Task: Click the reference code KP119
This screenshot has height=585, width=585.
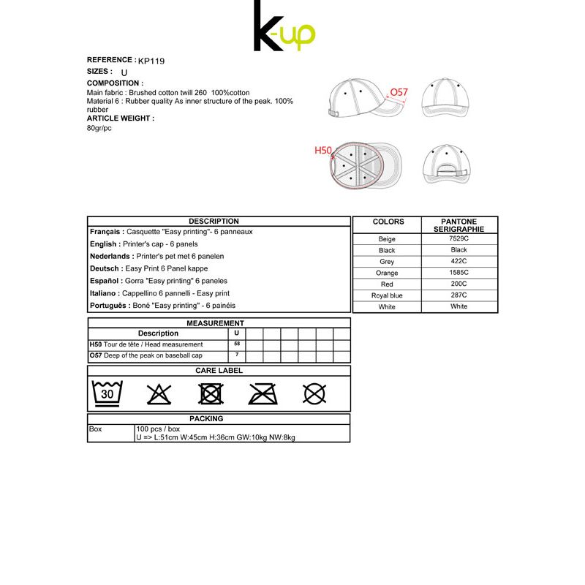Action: click(x=151, y=61)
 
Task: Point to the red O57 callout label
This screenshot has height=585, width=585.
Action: click(x=399, y=92)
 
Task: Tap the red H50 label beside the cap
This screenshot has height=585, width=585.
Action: click(x=323, y=151)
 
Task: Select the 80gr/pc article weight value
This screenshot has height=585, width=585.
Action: click(x=99, y=129)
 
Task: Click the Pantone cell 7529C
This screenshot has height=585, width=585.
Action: click(x=458, y=239)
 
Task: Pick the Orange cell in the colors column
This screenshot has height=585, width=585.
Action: click(x=387, y=273)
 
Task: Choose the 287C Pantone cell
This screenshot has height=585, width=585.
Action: click(x=458, y=295)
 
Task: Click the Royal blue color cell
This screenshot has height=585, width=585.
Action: click(x=387, y=295)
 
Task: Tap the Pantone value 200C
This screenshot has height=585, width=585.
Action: click(x=458, y=284)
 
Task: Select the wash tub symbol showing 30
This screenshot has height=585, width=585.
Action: click(x=107, y=393)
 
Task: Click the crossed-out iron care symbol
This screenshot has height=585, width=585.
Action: click(x=263, y=394)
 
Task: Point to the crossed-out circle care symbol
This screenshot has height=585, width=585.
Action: click(x=314, y=394)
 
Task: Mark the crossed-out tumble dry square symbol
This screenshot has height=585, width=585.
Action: click(x=211, y=394)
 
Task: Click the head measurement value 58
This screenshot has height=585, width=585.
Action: click(x=236, y=344)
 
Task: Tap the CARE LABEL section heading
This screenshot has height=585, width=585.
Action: click(x=219, y=371)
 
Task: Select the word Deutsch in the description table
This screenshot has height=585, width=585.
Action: click(x=105, y=268)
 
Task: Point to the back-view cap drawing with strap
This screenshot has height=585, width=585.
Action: click(x=444, y=165)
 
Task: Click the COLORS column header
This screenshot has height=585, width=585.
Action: click(x=388, y=222)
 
